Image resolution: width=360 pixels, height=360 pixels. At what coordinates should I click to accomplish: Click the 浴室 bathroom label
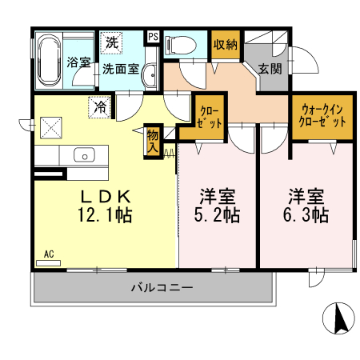click(x=78, y=62)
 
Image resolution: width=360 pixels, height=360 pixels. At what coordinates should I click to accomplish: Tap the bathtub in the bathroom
click(x=48, y=61)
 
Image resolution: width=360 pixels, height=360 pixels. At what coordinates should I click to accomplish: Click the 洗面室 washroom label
click(x=120, y=70)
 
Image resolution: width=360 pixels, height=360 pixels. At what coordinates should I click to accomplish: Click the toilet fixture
click(x=180, y=46)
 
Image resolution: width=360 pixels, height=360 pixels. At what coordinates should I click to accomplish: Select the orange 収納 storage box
click(x=226, y=45)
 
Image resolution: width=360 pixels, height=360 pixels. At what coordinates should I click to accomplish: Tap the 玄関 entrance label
click(x=270, y=70)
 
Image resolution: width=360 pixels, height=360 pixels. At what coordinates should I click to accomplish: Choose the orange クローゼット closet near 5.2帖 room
click(x=210, y=117)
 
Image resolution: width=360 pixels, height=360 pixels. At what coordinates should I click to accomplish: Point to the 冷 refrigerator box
click(x=102, y=106)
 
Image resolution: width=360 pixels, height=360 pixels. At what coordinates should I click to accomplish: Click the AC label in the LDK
click(x=49, y=254)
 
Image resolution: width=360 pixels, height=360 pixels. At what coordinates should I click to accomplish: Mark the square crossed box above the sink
click(x=52, y=126)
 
